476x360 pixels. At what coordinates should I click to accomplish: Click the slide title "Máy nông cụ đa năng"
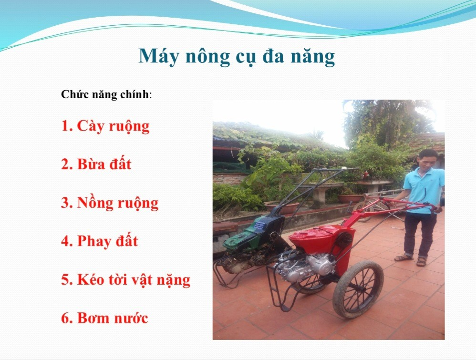(237, 56)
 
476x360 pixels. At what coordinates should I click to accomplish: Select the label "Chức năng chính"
(105, 94)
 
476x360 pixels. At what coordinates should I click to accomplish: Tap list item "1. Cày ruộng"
(105, 126)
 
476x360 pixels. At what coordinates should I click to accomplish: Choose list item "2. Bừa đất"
(96, 164)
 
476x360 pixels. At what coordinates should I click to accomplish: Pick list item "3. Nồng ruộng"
(110, 203)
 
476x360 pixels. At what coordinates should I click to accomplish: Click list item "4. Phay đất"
(100, 241)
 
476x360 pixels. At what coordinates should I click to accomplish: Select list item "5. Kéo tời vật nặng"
(126, 279)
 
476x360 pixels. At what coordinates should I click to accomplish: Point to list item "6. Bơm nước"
(104, 318)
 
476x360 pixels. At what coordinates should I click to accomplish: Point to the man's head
(427, 159)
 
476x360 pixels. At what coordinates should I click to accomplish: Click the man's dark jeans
(421, 234)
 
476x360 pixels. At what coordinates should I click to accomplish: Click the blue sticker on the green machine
(260, 225)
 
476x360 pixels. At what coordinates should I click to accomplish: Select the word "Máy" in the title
(158, 56)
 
